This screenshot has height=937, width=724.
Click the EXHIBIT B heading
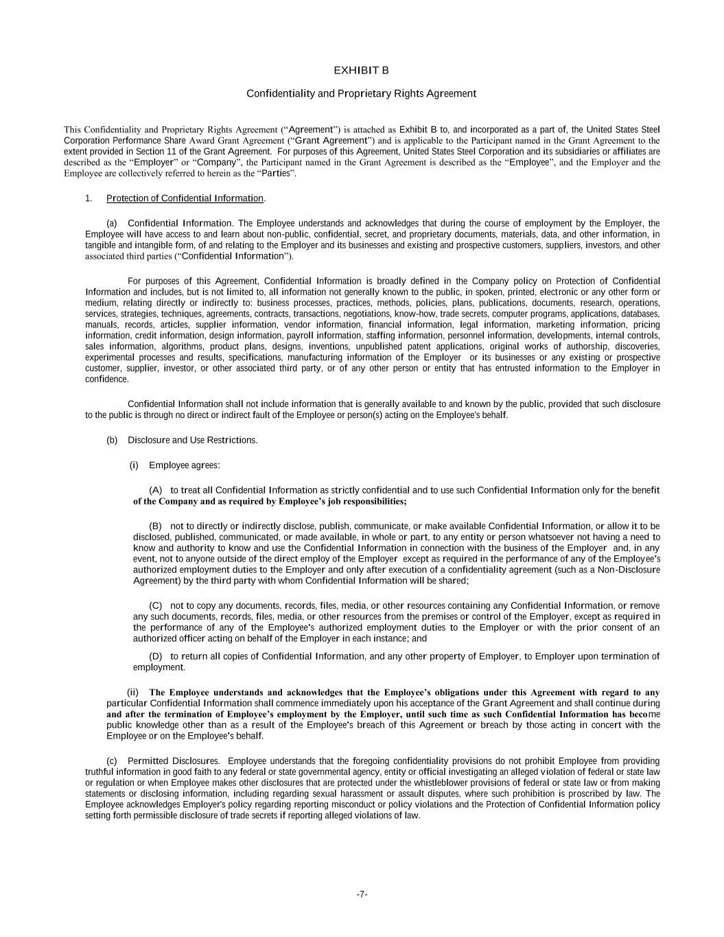click(361, 71)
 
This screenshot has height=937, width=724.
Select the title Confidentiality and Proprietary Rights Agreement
click(361, 93)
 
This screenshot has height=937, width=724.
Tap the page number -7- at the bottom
click(362, 894)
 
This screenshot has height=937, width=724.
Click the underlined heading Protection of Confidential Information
click(185, 198)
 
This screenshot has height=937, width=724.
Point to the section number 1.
click(89, 198)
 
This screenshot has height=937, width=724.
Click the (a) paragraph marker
click(112, 223)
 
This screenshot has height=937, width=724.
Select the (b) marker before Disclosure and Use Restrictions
click(112, 440)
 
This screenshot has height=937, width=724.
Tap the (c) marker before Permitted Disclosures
click(112, 761)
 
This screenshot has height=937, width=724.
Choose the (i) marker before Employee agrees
click(134, 465)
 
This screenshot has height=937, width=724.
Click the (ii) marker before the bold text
click(133, 692)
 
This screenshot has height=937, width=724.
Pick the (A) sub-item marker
click(155, 490)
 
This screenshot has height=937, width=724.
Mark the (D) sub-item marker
click(155, 656)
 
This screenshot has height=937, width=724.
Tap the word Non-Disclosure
click(629, 570)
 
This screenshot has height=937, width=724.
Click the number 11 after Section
click(187, 152)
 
